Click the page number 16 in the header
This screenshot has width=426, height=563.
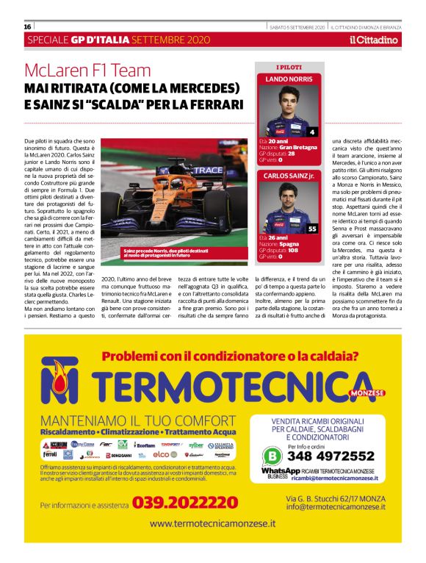(27, 26)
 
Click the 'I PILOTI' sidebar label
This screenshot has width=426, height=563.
(289, 67)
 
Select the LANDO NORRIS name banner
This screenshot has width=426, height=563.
(289, 78)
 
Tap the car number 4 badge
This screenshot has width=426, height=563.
(312, 132)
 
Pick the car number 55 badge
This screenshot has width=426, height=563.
(312, 229)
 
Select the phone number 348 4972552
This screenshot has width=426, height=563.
(335, 456)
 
